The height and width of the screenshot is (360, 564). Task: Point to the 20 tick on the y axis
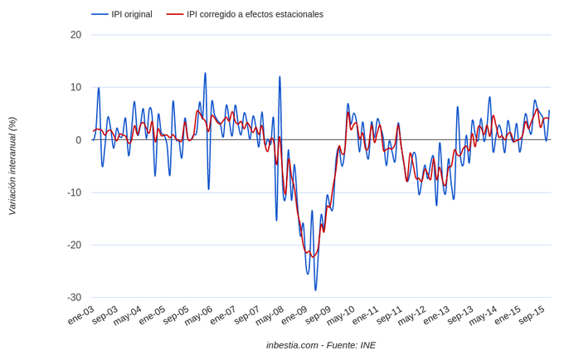[75, 35]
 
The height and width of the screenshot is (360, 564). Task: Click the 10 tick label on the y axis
[75, 87]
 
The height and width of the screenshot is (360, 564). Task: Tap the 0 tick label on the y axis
[78, 140]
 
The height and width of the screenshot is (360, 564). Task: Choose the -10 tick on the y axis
[74, 192]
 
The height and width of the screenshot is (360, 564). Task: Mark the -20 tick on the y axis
[74, 245]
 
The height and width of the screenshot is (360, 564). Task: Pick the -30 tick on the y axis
[74, 297]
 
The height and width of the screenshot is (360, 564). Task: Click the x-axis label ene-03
[81, 316]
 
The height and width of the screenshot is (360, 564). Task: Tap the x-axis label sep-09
[318, 316]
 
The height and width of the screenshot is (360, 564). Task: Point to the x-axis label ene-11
[366, 316]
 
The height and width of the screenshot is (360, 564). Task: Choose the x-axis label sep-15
[531, 316]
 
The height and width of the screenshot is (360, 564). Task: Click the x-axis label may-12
[412, 316]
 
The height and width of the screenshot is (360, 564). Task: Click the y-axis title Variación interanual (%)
[12, 166]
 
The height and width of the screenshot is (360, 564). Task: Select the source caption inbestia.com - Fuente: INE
[321, 344]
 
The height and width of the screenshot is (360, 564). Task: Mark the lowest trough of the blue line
[315, 290]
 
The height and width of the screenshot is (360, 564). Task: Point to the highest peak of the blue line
[205, 73]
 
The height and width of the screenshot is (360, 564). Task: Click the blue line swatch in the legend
[100, 14]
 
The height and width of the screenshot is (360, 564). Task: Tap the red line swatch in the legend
[174, 14]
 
